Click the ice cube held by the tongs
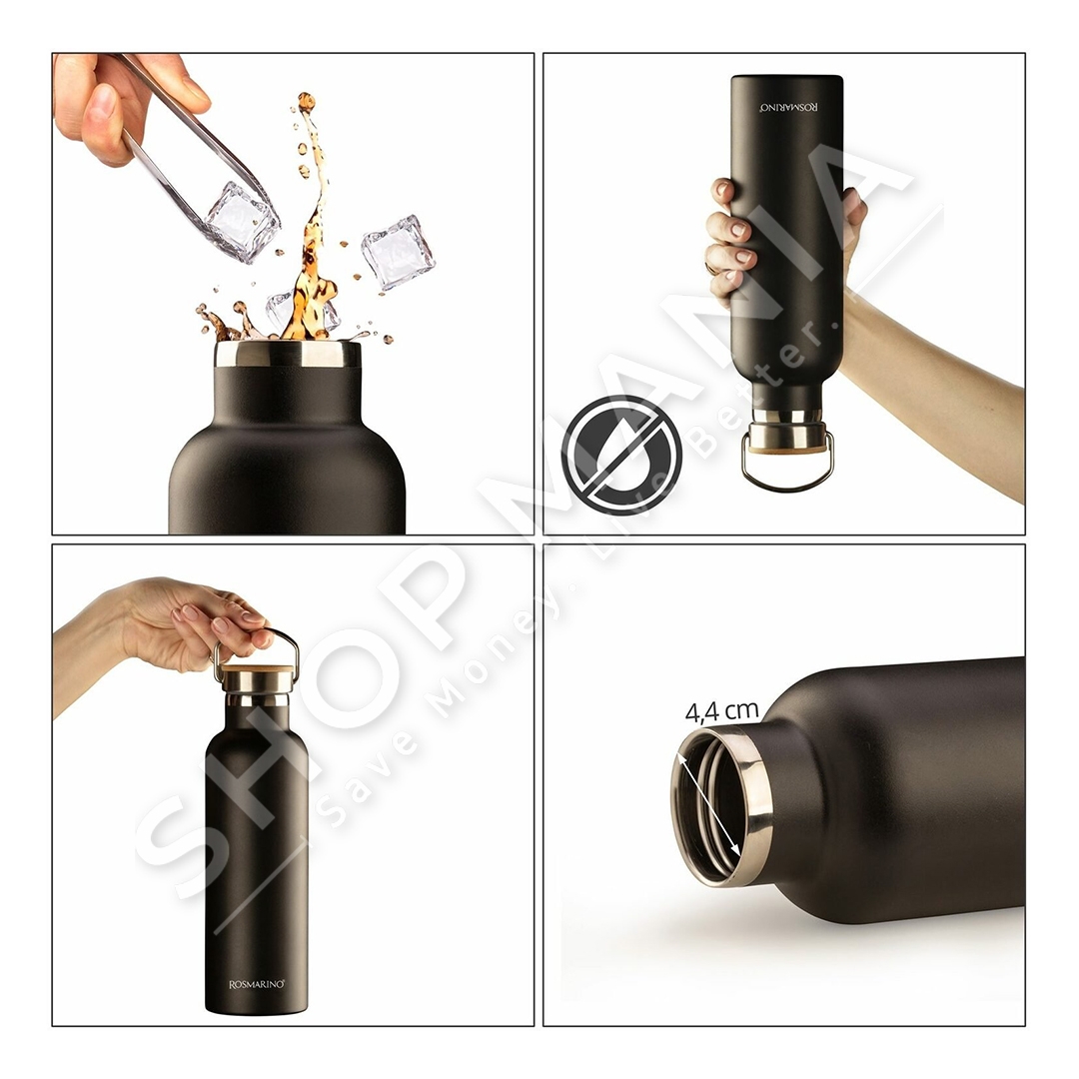(x=241, y=222)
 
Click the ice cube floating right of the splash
(x=399, y=252)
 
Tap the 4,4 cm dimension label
(x=721, y=711)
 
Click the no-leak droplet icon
(x=621, y=455)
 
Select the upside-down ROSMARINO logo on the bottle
(x=789, y=107)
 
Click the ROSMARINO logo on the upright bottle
(x=257, y=985)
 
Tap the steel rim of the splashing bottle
(x=288, y=353)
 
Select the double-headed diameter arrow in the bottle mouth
(x=709, y=805)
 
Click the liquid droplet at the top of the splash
(x=307, y=102)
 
